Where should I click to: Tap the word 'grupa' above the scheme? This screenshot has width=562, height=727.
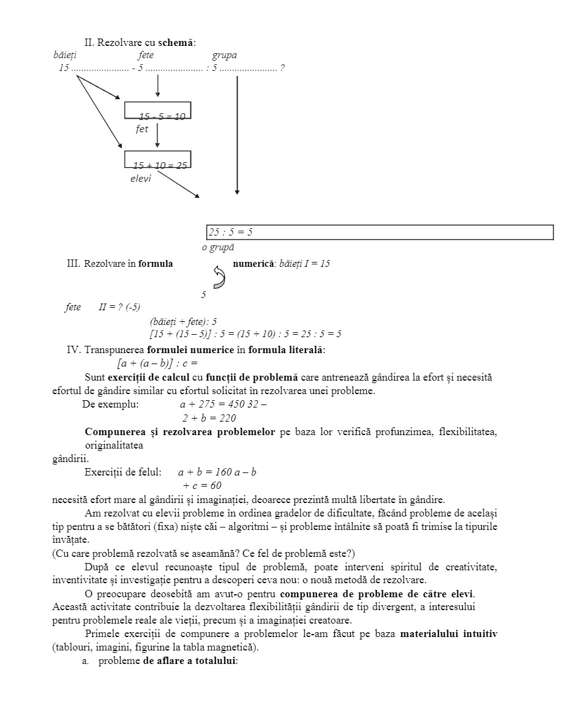224,55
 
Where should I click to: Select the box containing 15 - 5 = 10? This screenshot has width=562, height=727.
158,110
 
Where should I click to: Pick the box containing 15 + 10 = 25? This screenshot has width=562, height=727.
158,159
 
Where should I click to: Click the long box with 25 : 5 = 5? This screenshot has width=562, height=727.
380,233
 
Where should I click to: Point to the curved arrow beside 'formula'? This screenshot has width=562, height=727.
219,277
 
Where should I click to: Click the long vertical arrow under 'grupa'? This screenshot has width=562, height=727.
237,135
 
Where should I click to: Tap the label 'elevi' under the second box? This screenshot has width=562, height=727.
141,179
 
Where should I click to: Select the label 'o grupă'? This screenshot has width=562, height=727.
218,248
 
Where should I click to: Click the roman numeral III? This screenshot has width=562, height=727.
73,264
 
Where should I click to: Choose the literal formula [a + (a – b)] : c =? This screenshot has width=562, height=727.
157,362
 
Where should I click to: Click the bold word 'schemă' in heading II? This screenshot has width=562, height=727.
176,43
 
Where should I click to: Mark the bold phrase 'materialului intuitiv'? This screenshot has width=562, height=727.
448,634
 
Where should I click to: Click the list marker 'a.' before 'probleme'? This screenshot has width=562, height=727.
86,662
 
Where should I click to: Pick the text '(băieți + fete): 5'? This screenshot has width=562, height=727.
183,321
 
